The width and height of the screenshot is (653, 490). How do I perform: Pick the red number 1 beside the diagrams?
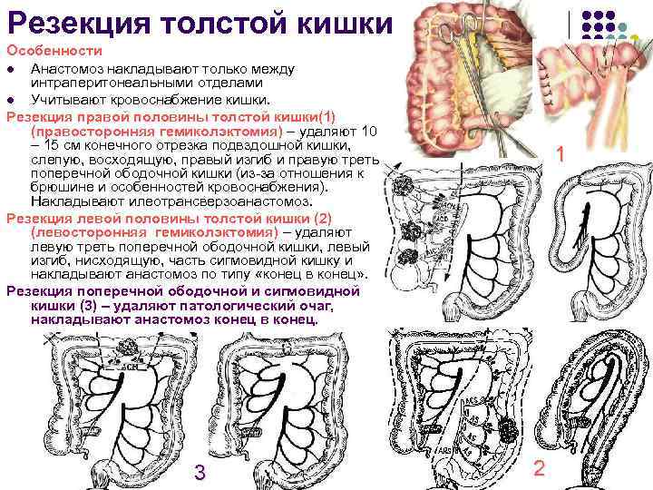562,155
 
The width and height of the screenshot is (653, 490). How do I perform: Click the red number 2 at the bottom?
540,469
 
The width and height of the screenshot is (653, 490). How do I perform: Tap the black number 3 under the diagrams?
200,472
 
